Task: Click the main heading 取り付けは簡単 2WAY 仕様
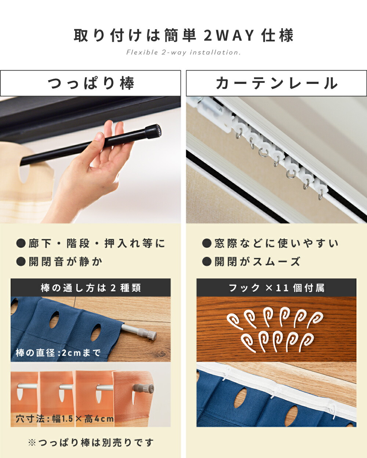pyautogui.click(x=183, y=36)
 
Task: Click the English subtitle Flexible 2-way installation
pyautogui.click(x=183, y=52)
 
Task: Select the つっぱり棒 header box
pyautogui.click(x=90, y=83)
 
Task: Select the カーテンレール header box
pyautogui.click(x=276, y=83)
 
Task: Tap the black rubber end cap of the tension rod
pyautogui.click(x=153, y=131)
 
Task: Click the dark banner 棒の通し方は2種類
pyautogui.click(x=91, y=288)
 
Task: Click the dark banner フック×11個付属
pyautogui.click(x=276, y=288)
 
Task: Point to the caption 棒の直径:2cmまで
pyautogui.click(x=58, y=353)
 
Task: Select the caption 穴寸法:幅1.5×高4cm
pyautogui.click(x=65, y=418)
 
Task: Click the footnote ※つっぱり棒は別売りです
pyautogui.click(x=91, y=443)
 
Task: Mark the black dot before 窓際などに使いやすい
pyautogui.click(x=207, y=243)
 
